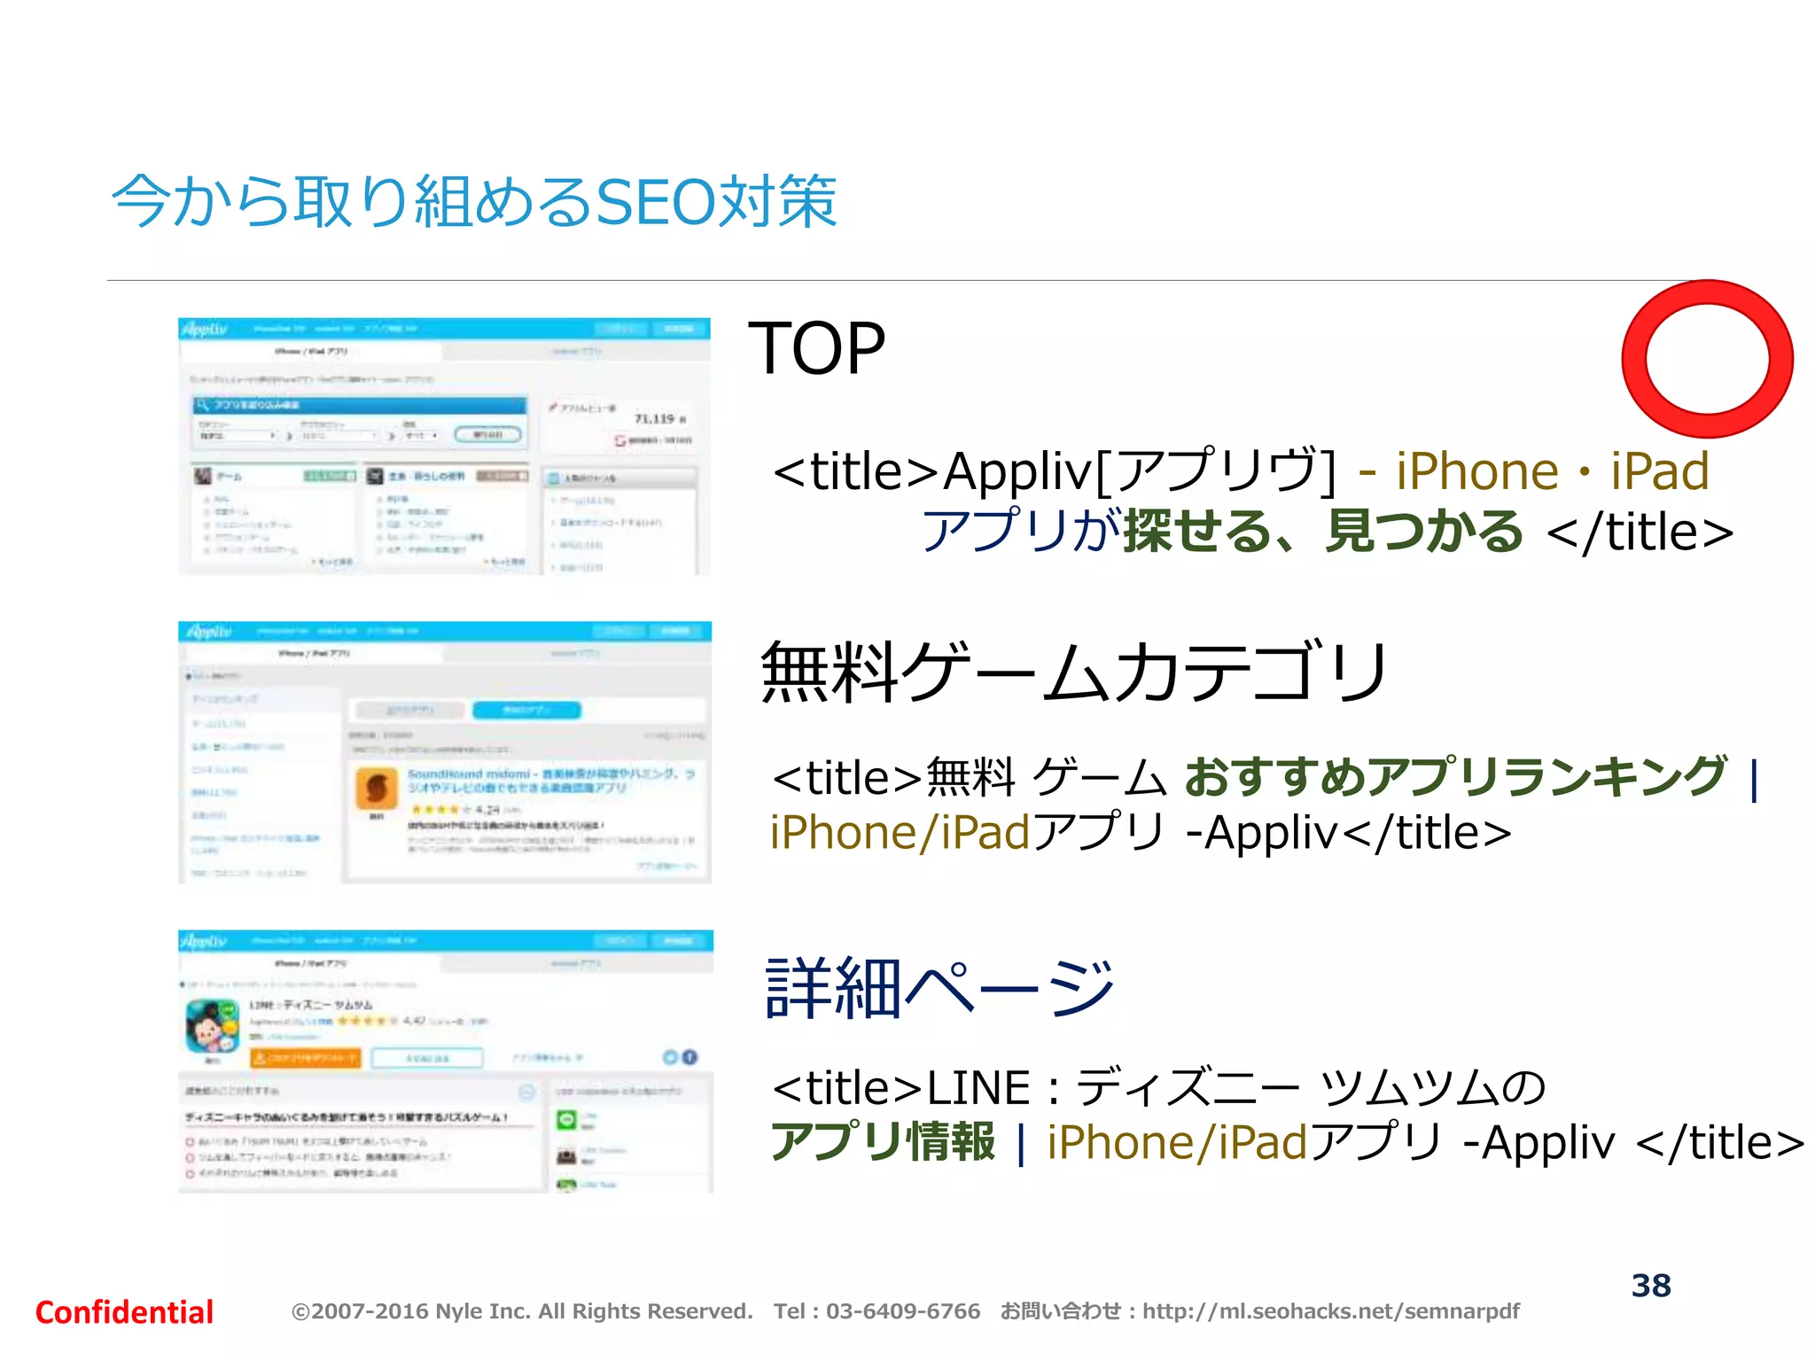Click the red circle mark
click(x=1707, y=359)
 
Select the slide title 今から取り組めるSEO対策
click(x=474, y=202)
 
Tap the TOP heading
click(x=816, y=349)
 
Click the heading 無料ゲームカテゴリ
click(x=1073, y=672)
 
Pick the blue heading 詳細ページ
click(x=939, y=987)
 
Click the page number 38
click(x=1651, y=1286)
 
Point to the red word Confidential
click(x=124, y=1312)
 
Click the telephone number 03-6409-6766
click(x=903, y=1311)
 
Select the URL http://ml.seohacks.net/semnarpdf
click(x=1330, y=1311)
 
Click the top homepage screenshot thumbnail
click(x=444, y=447)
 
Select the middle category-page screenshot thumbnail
click(x=444, y=752)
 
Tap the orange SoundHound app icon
click(x=377, y=788)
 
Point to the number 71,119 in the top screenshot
click(x=655, y=418)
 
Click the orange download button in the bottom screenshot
click(x=306, y=1058)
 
